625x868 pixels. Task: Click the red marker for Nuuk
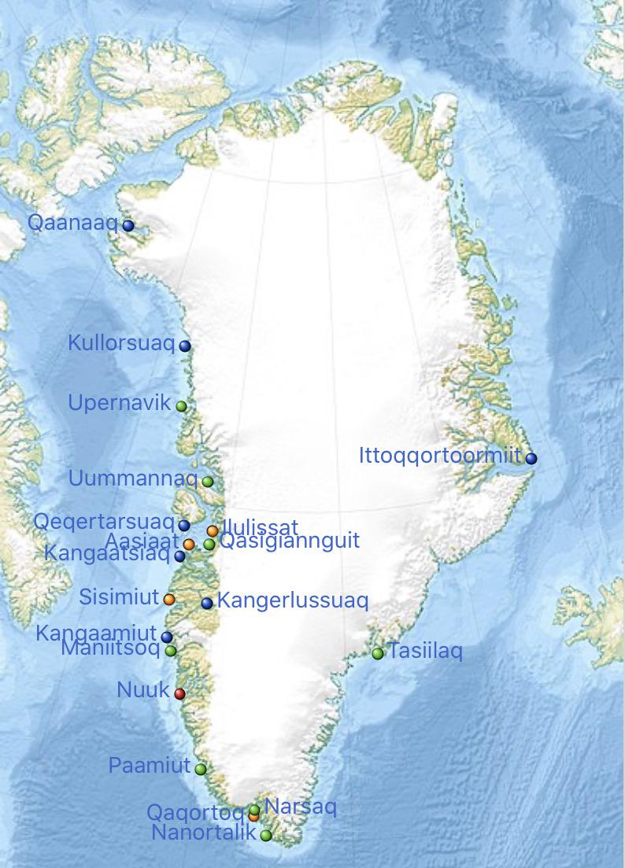(179, 693)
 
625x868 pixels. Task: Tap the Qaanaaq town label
(72, 223)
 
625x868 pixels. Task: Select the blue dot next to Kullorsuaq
(185, 345)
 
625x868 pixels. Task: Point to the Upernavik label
(119, 404)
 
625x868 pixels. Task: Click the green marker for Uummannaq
(208, 482)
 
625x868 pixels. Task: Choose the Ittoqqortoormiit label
(440, 456)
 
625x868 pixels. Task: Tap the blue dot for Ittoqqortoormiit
(531, 458)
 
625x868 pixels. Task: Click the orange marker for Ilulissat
(213, 530)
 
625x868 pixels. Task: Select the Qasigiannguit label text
(289, 541)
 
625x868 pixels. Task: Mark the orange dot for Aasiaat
(189, 544)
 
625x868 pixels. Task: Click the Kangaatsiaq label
(107, 554)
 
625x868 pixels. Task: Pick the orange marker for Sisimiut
(169, 599)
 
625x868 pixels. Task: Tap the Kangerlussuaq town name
(292, 601)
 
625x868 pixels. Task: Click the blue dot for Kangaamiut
(167, 637)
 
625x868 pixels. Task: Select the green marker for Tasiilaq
(378, 653)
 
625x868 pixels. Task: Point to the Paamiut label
(150, 766)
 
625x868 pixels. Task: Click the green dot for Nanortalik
(266, 835)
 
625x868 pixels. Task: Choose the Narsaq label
(301, 807)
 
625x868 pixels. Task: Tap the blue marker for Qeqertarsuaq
(184, 525)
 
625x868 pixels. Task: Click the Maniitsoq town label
(110, 650)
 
